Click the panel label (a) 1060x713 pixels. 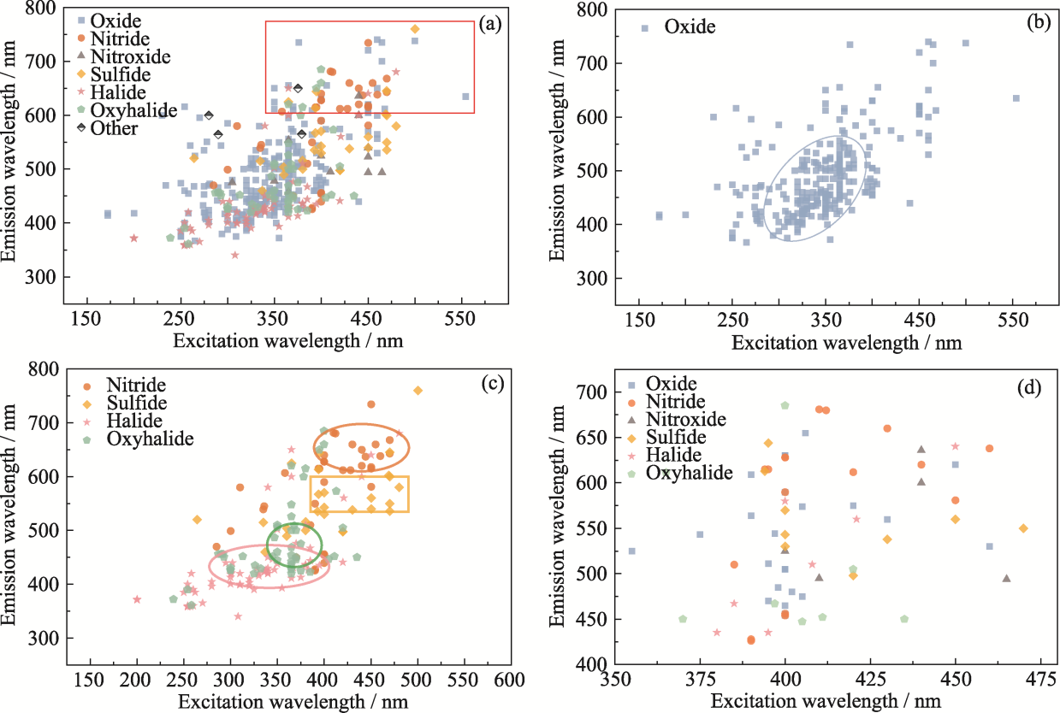click(x=490, y=25)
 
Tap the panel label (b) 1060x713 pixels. click(x=1039, y=24)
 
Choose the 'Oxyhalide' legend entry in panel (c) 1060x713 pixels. click(x=151, y=439)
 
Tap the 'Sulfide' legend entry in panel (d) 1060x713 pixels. click(x=677, y=437)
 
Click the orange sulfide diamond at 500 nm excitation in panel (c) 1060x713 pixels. click(x=417, y=391)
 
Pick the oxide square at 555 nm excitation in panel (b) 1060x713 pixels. click(x=1016, y=98)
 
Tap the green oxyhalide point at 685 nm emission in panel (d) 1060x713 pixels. click(x=785, y=405)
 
